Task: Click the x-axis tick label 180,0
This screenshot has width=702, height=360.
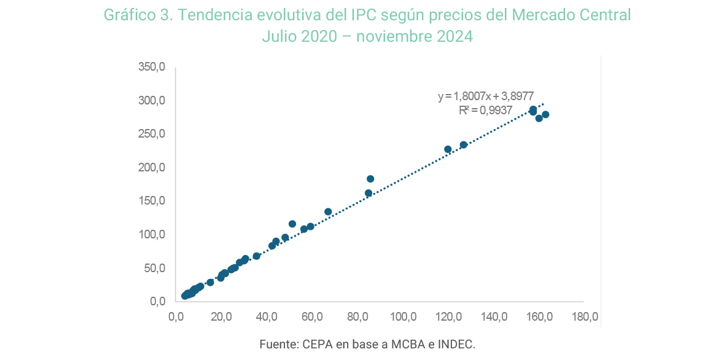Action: (x=584, y=318)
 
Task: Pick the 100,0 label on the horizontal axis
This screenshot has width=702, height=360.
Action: (x=403, y=318)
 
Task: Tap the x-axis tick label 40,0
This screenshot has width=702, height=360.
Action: (x=267, y=318)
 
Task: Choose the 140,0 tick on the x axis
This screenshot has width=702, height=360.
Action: (x=494, y=318)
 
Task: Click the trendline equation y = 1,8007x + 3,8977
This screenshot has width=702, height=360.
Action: (x=485, y=96)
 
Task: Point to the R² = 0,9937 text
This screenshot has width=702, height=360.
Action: (x=485, y=111)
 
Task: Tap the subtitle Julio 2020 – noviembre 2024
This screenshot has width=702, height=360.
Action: (x=367, y=36)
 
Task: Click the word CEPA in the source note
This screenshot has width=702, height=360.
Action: (x=317, y=344)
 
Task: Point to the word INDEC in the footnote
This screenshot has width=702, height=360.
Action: (x=455, y=344)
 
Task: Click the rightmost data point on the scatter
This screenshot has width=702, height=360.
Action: (x=545, y=115)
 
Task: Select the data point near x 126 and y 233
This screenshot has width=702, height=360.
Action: (x=464, y=145)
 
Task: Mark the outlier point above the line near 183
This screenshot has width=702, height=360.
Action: (x=370, y=179)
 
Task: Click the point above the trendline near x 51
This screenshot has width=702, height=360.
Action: (x=292, y=224)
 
